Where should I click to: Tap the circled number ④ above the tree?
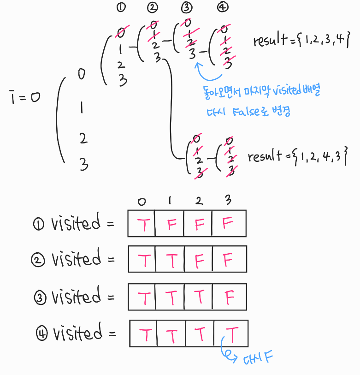tap(224, 7)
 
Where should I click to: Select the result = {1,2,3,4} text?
tap(298, 41)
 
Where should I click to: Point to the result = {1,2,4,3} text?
tap(297, 156)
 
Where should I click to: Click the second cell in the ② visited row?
tap(171, 261)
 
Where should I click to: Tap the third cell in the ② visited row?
tap(199, 261)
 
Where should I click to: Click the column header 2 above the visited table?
tap(198, 201)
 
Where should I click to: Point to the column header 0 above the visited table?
tap(142, 201)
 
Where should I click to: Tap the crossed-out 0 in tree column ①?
tap(121, 32)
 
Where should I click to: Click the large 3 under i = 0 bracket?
tap(83, 164)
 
